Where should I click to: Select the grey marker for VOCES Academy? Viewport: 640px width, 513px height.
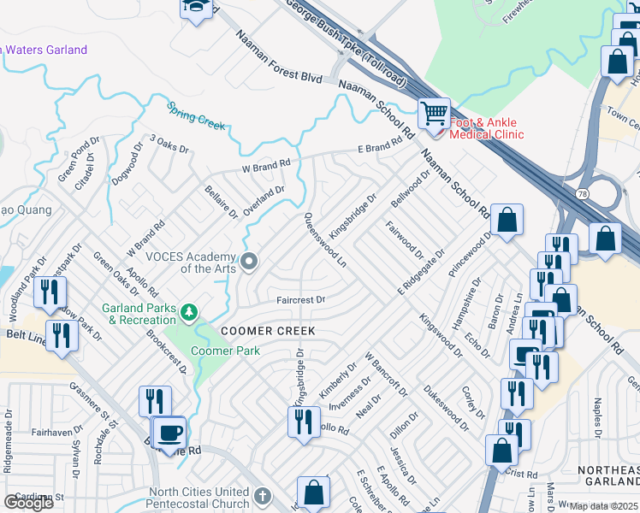click(x=249, y=261)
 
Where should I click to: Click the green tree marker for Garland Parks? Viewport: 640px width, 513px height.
click(x=189, y=314)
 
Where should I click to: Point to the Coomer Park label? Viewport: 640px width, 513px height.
click(x=225, y=351)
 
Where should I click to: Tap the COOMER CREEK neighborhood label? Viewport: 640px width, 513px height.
click(x=268, y=331)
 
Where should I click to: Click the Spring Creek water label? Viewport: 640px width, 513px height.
click(x=196, y=116)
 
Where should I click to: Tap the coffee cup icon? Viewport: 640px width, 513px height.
click(x=170, y=433)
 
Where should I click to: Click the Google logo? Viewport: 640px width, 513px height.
click(x=29, y=502)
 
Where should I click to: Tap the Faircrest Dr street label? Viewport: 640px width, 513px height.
click(x=300, y=300)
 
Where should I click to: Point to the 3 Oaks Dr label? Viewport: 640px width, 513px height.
click(x=169, y=143)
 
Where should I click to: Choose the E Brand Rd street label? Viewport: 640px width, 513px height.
click(x=379, y=148)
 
